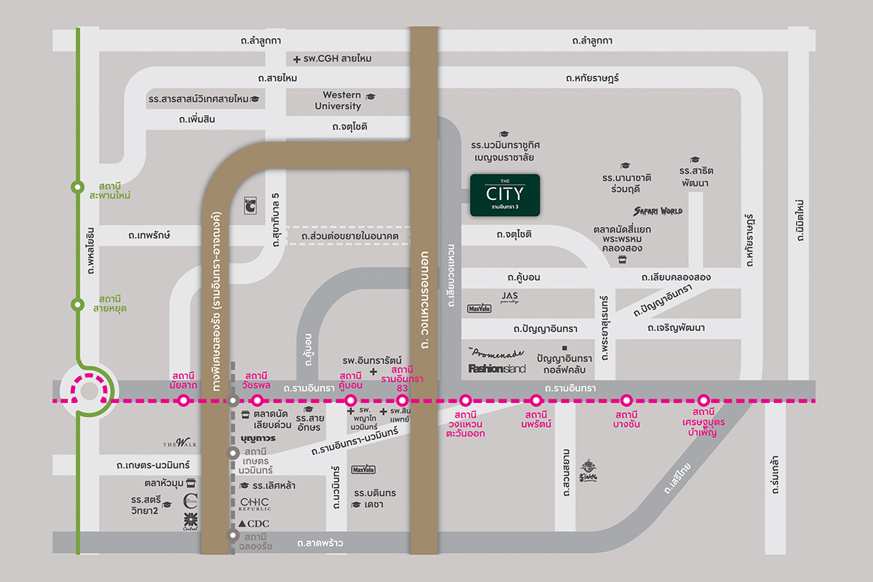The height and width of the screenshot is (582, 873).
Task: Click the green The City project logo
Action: (x=505, y=195)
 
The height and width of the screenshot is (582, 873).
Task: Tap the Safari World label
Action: (x=658, y=211)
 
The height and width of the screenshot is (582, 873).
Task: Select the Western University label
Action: (x=342, y=100)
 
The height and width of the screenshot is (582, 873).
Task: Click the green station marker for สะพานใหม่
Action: (x=78, y=186)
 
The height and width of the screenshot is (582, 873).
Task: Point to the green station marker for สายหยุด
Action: (x=78, y=304)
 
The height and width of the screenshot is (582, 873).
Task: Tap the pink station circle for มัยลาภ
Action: (x=183, y=400)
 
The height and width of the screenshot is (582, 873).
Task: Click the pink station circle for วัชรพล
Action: (x=257, y=400)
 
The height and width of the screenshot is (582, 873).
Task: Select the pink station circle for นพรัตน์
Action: (x=536, y=400)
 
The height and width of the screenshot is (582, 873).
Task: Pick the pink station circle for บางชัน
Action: (x=626, y=400)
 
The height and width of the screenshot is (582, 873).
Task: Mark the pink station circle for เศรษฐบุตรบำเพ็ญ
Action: (x=703, y=400)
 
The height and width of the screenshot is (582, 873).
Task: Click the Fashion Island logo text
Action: (x=497, y=369)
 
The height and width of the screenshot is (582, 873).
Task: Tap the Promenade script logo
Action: (x=496, y=352)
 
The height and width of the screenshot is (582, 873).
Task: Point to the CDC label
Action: (x=254, y=524)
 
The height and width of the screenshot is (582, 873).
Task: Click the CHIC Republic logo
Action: (x=255, y=504)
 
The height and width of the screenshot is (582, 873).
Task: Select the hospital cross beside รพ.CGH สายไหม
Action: (x=297, y=59)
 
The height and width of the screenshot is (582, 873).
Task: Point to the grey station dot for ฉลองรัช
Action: (x=233, y=535)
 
